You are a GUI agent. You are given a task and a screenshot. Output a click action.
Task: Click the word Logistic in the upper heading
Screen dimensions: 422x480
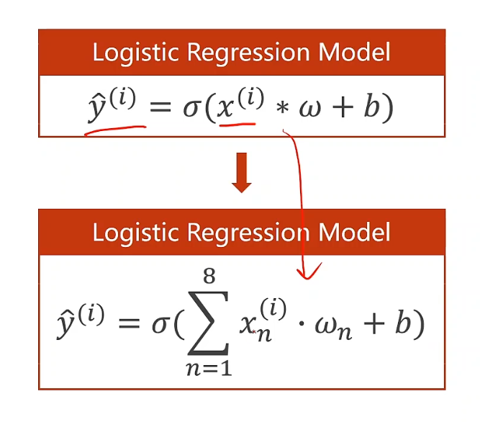(x=132, y=53)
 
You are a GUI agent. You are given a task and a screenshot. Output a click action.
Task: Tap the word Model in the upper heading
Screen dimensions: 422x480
(x=355, y=53)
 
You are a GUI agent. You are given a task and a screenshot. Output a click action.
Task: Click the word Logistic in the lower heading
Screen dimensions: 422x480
(x=132, y=233)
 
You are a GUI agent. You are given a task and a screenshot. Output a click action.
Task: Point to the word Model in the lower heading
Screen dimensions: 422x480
(x=355, y=233)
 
